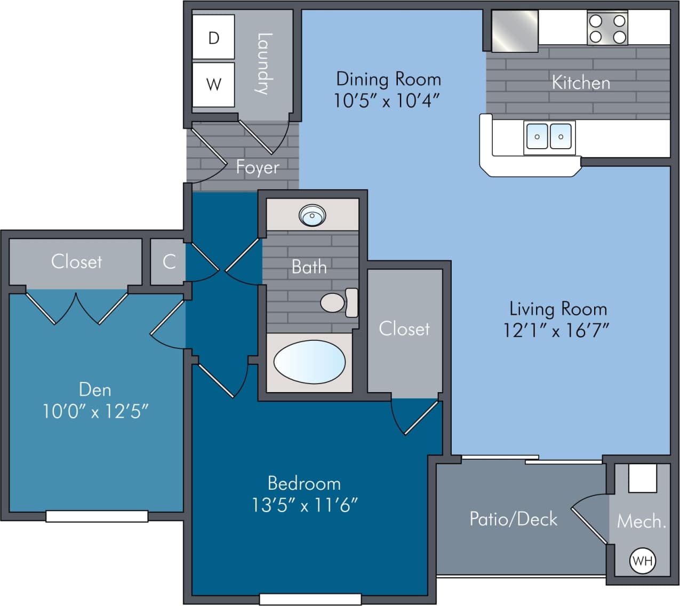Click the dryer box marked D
pos(213,37)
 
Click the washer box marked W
pos(213,84)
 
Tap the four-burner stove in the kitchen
pos(607,29)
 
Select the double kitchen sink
pos(549,137)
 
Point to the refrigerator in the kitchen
pos(514,31)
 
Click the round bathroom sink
pos(312,216)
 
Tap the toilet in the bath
pos(338,302)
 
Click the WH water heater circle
pos(642,561)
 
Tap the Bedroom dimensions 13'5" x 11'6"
pos(305,505)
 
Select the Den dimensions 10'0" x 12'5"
pos(95,411)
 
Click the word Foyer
pos(258,168)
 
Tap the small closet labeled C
pos(169,261)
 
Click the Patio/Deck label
pos(513,519)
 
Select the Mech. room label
pos(641,521)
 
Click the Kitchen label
pos(581,83)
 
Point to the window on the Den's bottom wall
pos(97,516)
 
